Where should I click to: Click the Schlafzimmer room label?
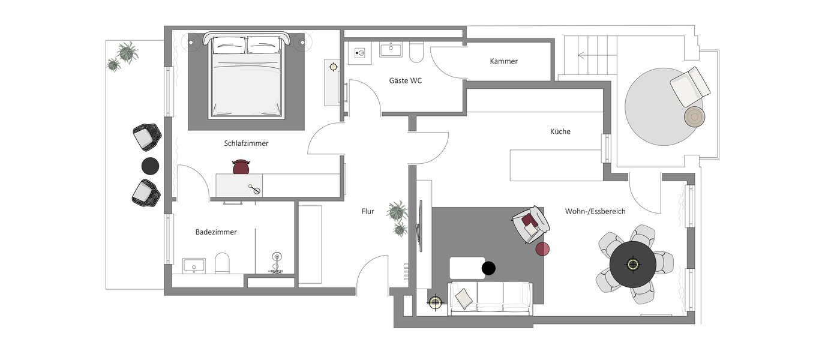(x=246, y=143)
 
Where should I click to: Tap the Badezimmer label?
(x=216, y=232)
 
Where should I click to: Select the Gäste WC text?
(x=405, y=80)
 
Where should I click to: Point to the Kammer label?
(x=503, y=61)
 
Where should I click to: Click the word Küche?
(x=560, y=131)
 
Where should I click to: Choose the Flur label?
(x=368, y=211)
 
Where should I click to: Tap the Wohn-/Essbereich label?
(x=595, y=211)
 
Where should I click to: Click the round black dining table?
(x=632, y=264)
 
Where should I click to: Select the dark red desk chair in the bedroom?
(x=240, y=167)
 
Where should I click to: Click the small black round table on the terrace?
(x=150, y=166)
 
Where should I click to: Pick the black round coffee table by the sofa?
(x=489, y=268)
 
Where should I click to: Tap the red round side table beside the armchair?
(x=542, y=249)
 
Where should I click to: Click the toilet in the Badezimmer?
(x=222, y=263)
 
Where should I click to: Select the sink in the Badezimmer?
(x=194, y=265)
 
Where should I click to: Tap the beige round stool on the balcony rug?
(x=695, y=116)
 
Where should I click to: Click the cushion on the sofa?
(x=464, y=296)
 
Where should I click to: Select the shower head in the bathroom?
(x=277, y=258)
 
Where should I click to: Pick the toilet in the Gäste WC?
(x=416, y=53)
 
